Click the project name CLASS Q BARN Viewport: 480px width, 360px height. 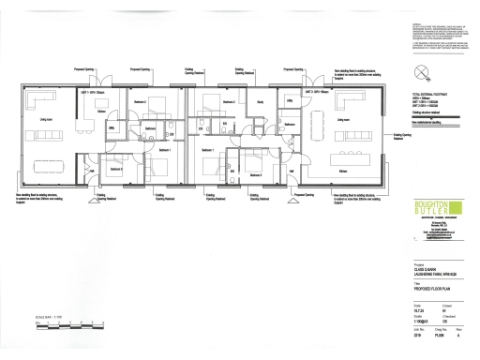427,272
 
